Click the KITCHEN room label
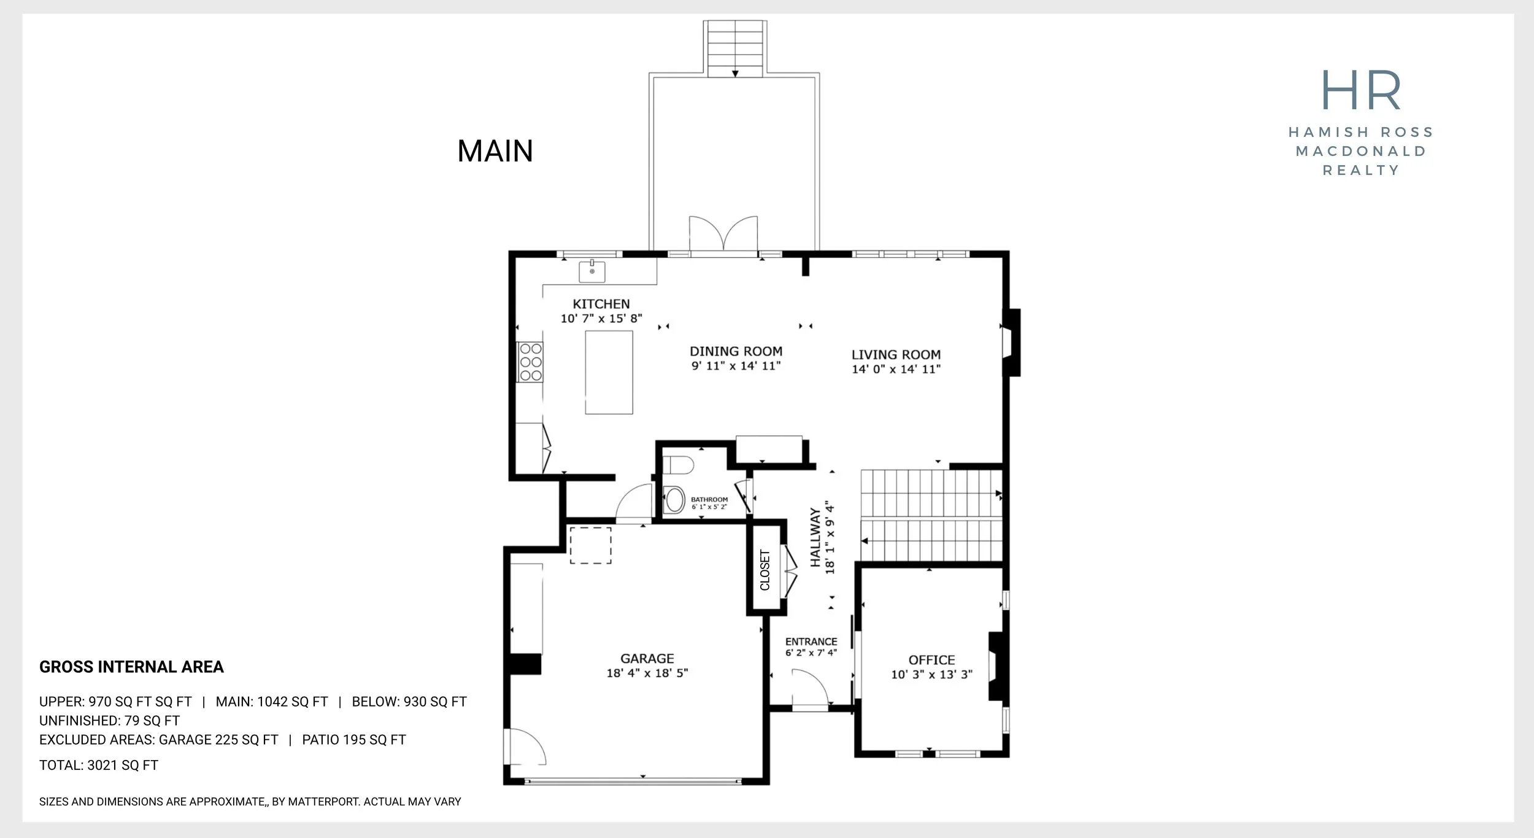[601, 304]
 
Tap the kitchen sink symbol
[592, 271]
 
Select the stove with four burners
[530, 362]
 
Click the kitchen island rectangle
[609, 373]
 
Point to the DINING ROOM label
[736, 351]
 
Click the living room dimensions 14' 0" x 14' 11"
[896, 369]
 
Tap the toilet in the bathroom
[678, 465]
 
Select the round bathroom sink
[674, 500]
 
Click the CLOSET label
[765, 570]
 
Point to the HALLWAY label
[815, 537]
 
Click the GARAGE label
[647, 659]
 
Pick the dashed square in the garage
[590, 545]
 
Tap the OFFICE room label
[931, 661]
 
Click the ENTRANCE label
[811, 642]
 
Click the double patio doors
[723, 234]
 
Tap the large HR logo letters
[1361, 90]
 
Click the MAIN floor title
[495, 151]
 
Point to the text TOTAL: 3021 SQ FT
[99, 766]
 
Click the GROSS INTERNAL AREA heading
[131, 667]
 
